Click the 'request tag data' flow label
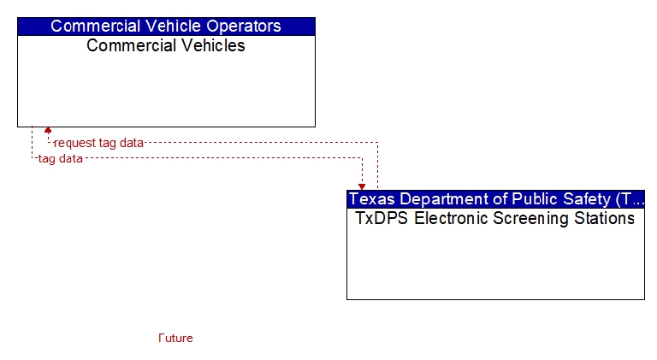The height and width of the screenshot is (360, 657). tap(99, 143)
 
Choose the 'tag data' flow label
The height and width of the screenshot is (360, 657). tap(61, 159)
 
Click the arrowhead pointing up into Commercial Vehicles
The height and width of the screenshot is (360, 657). tap(48, 130)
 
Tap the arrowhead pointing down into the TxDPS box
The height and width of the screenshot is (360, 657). tap(362, 186)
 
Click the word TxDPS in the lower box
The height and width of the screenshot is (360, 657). tap(382, 218)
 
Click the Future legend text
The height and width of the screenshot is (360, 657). tap(175, 338)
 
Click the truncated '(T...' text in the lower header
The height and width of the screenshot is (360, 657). tap(630, 199)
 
